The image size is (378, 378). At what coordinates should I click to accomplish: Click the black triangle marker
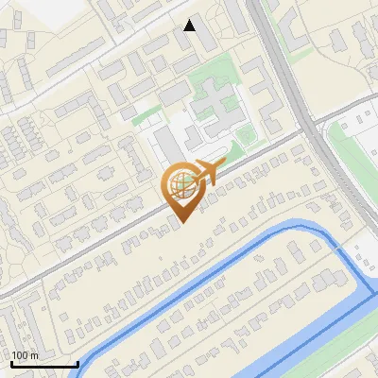point(190,26)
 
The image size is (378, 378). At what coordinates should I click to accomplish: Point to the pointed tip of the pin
point(180,222)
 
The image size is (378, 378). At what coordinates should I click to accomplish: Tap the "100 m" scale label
point(25,356)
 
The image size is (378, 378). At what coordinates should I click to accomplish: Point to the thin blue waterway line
point(236,255)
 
